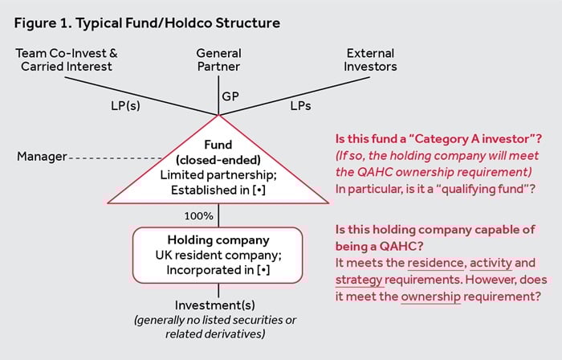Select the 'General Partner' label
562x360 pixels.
coord(218,60)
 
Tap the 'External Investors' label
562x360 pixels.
coord(371,60)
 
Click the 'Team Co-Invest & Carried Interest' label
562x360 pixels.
coord(67,60)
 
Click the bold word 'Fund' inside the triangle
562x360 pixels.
coord(218,145)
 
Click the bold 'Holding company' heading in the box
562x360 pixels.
coord(218,239)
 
